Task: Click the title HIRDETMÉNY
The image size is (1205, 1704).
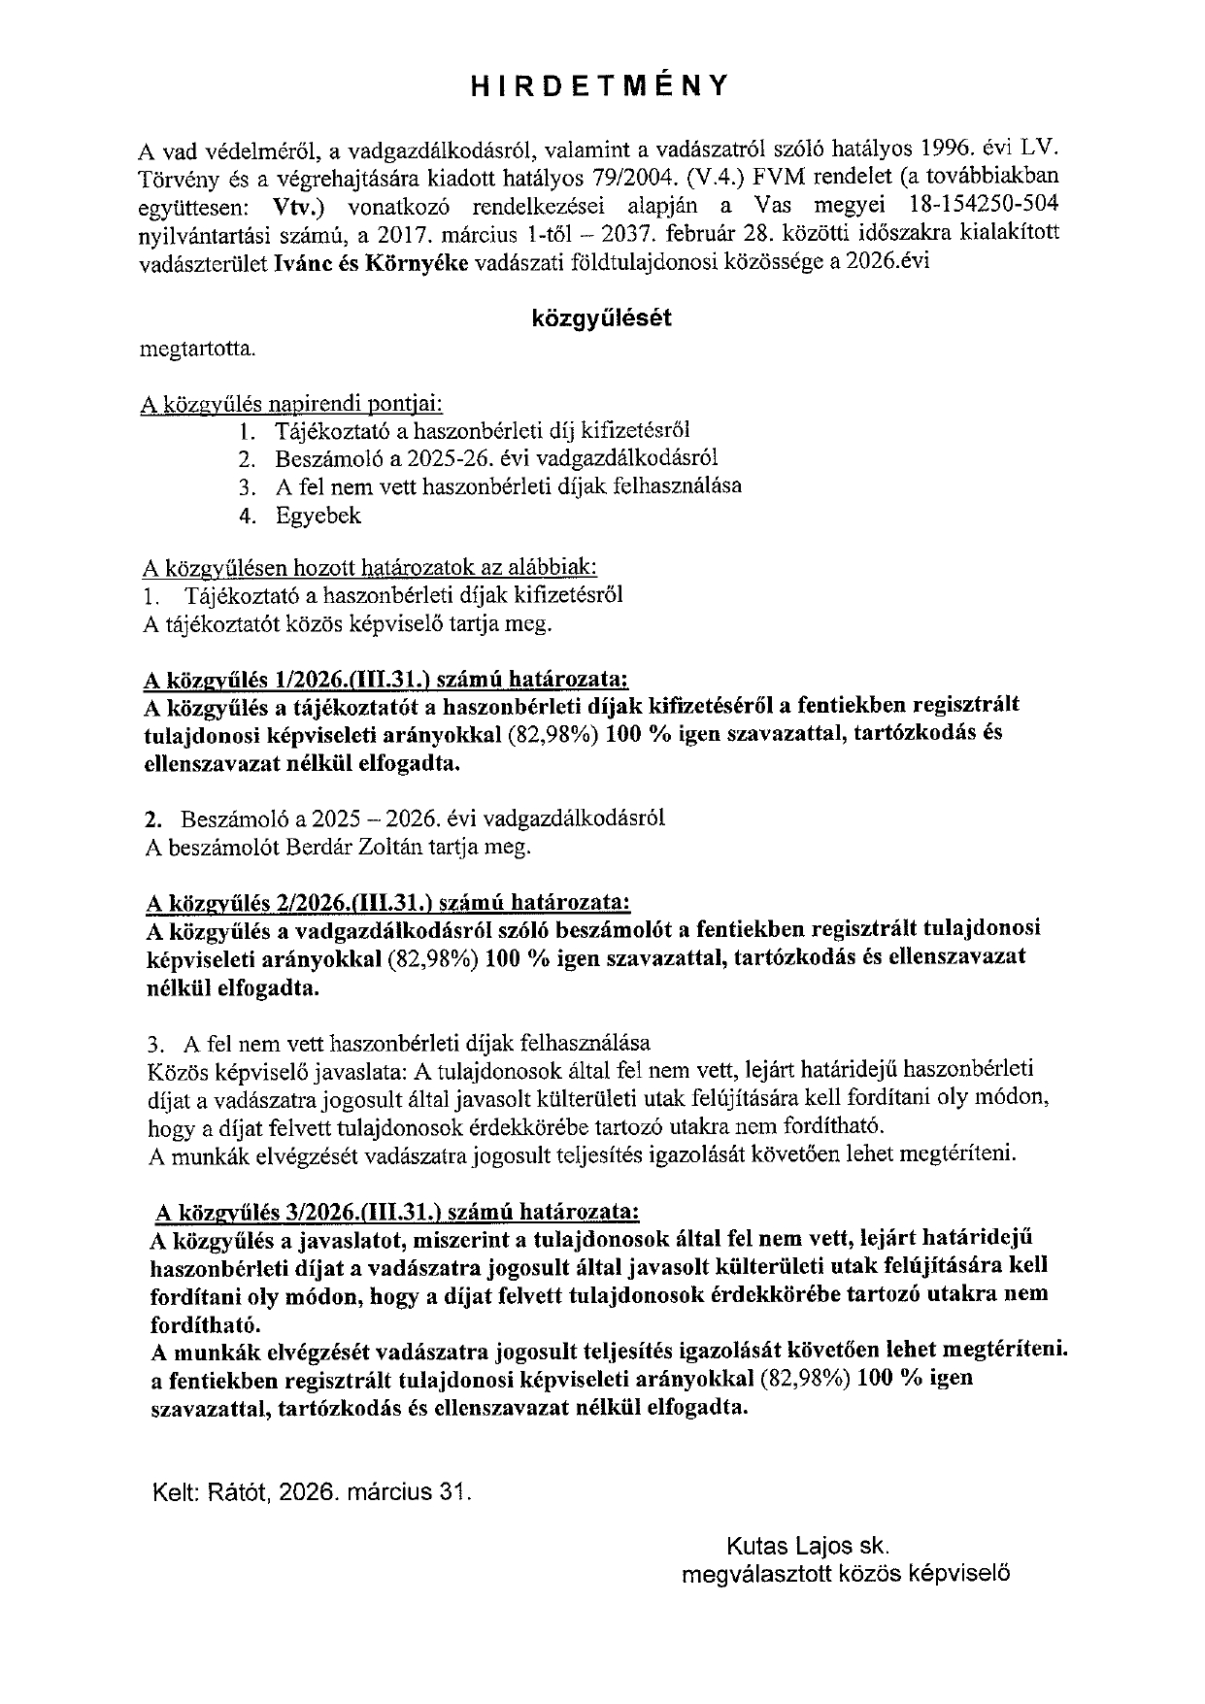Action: [x=599, y=86]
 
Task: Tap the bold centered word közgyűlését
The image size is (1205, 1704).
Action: [x=601, y=317]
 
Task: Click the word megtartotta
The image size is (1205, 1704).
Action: [x=199, y=349]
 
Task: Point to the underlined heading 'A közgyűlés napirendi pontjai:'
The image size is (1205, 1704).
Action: [x=292, y=403]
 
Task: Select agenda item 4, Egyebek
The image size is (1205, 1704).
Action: [x=318, y=516]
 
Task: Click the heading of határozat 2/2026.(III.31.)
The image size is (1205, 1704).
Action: [x=386, y=903]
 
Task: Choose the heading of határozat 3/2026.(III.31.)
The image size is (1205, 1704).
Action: [x=397, y=1212]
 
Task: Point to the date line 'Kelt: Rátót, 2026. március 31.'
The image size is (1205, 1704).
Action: [x=311, y=1492]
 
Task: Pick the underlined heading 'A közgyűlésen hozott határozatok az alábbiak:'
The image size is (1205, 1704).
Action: [x=370, y=566]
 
